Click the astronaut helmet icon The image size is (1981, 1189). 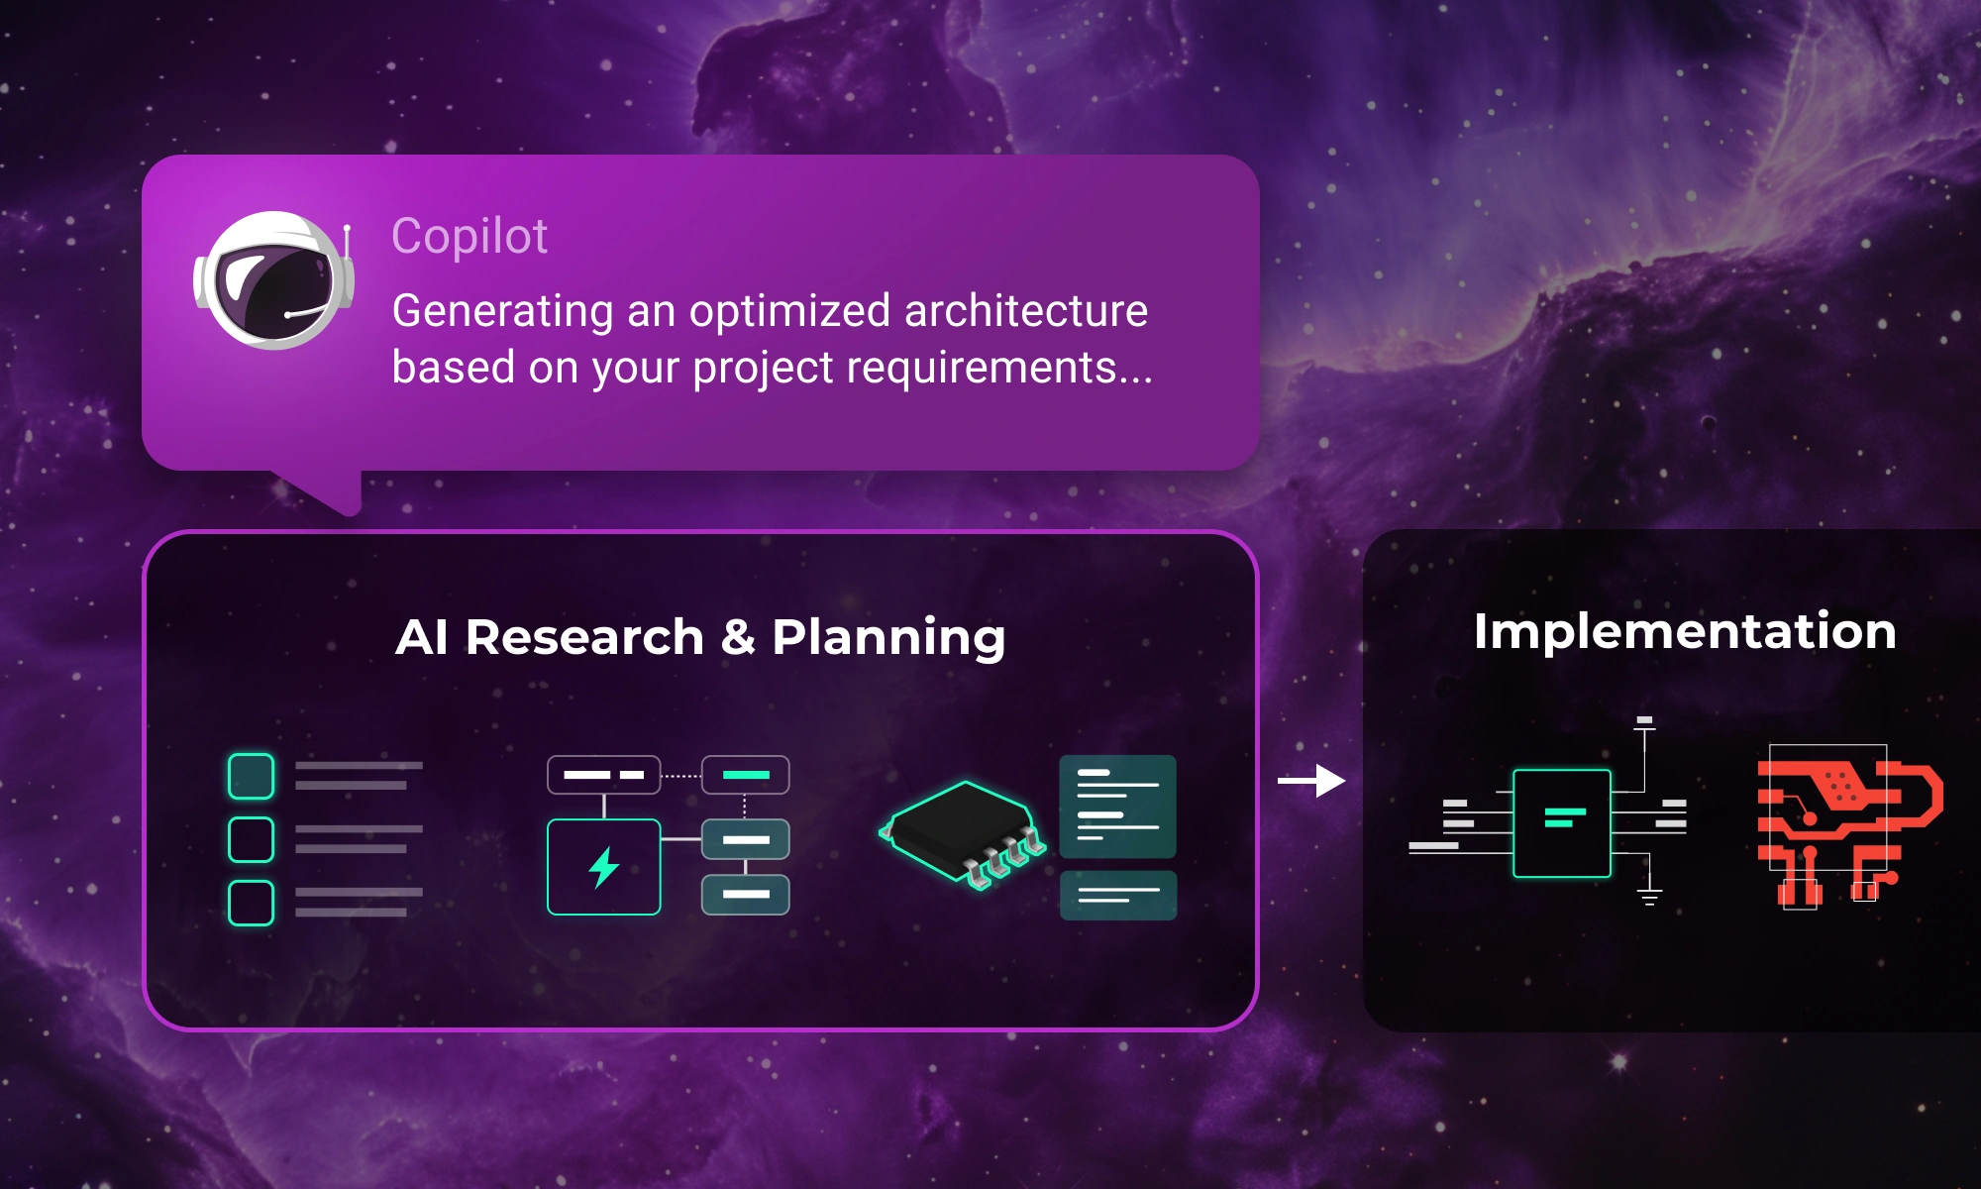pos(273,280)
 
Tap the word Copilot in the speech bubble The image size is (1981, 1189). pos(469,236)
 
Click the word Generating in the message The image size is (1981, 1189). pos(503,311)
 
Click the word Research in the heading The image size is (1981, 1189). pos(584,636)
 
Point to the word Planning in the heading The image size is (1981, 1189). pos(888,637)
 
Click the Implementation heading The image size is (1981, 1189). pos(1684,630)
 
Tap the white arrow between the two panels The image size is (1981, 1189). pos(1311,781)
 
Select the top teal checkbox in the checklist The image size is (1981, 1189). pos(251,776)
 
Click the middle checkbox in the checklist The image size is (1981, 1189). pos(251,839)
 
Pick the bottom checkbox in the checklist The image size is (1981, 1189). pos(251,903)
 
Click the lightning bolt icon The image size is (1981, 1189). pos(603,868)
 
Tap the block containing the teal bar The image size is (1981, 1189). pos(746,775)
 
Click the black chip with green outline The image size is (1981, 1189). pos(961,830)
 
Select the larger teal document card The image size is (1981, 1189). pos(1117,807)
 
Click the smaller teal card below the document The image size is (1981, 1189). pos(1117,896)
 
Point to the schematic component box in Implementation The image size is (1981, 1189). pos(1562,822)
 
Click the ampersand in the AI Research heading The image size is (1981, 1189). pos(738,636)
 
